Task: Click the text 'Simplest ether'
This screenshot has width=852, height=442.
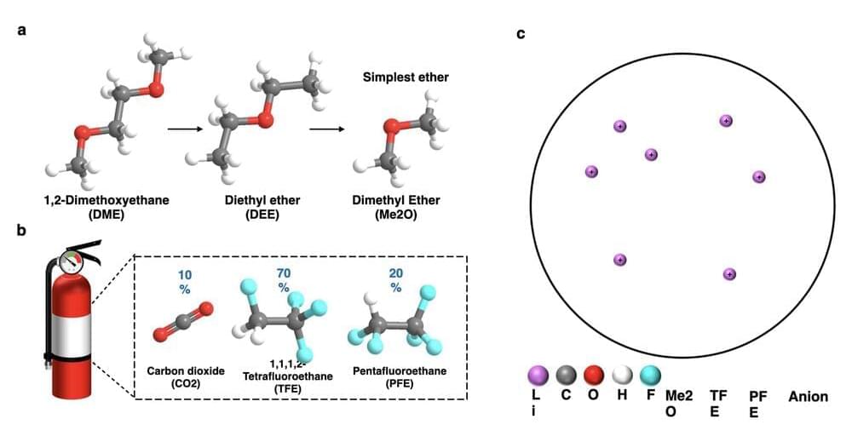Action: (x=406, y=77)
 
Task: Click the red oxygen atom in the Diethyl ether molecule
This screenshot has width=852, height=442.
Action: (x=265, y=120)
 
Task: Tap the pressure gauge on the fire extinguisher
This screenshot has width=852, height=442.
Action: (x=75, y=261)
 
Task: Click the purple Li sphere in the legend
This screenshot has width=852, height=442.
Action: (x=538, y=375)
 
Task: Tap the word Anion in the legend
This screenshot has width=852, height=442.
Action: (x=808, y=397)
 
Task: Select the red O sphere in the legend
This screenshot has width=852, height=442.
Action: (x=594, y=375)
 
